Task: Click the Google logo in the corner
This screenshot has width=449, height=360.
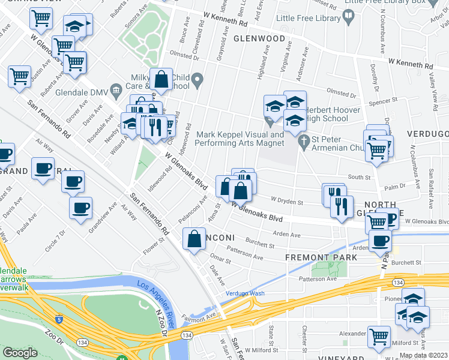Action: tap(20, 352)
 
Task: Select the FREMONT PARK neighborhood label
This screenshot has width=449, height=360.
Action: tap(321, 257)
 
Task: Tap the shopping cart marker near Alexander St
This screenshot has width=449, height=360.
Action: tap(379, 336)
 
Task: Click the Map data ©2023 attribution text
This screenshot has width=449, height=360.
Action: tap(423, 355)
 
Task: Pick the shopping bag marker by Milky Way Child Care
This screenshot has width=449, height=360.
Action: tap(161, 79)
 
